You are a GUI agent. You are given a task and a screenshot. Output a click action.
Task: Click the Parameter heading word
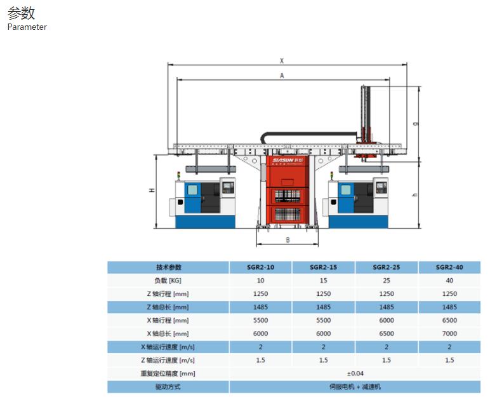[27, 27]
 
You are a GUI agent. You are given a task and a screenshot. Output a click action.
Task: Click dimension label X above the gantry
[282, 60]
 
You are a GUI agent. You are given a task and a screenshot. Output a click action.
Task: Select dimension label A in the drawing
[282, 76]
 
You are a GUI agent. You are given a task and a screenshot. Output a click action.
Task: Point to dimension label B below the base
[288, 239]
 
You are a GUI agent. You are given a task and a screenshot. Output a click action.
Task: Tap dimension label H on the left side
[152, 191]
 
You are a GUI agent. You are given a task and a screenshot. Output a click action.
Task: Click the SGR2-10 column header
[260, 267]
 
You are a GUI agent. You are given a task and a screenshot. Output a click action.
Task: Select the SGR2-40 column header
[449, 267]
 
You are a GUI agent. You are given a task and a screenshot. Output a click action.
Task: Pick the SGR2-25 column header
[387, 267]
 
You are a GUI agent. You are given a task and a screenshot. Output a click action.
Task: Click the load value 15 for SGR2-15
[323, 281]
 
